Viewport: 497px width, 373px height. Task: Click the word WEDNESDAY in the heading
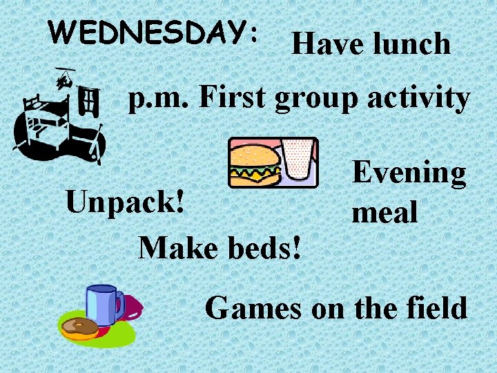coord(148,31)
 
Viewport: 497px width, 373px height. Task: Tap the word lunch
coord(411,45)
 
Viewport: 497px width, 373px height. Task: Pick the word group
coord(318,101)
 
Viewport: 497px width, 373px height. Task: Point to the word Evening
coord(409,173)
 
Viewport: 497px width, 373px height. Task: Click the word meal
coord(384,212)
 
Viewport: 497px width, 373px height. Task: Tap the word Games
coord(253,307)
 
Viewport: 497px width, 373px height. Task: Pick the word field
coord(433,307)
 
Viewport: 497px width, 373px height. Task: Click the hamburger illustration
coord(255,164)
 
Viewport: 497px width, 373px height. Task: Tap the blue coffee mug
coord(103,304)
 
